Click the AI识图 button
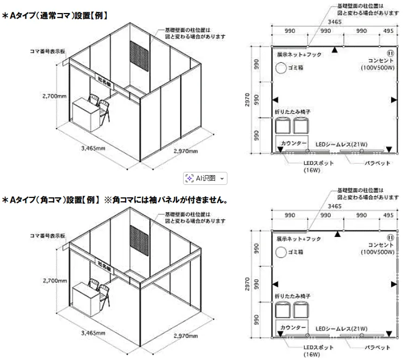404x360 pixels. [205, 178]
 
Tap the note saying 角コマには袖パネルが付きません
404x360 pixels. [171, 200]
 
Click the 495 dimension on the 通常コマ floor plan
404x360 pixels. [388, 31]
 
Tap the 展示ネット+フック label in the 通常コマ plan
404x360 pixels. [298, 55]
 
